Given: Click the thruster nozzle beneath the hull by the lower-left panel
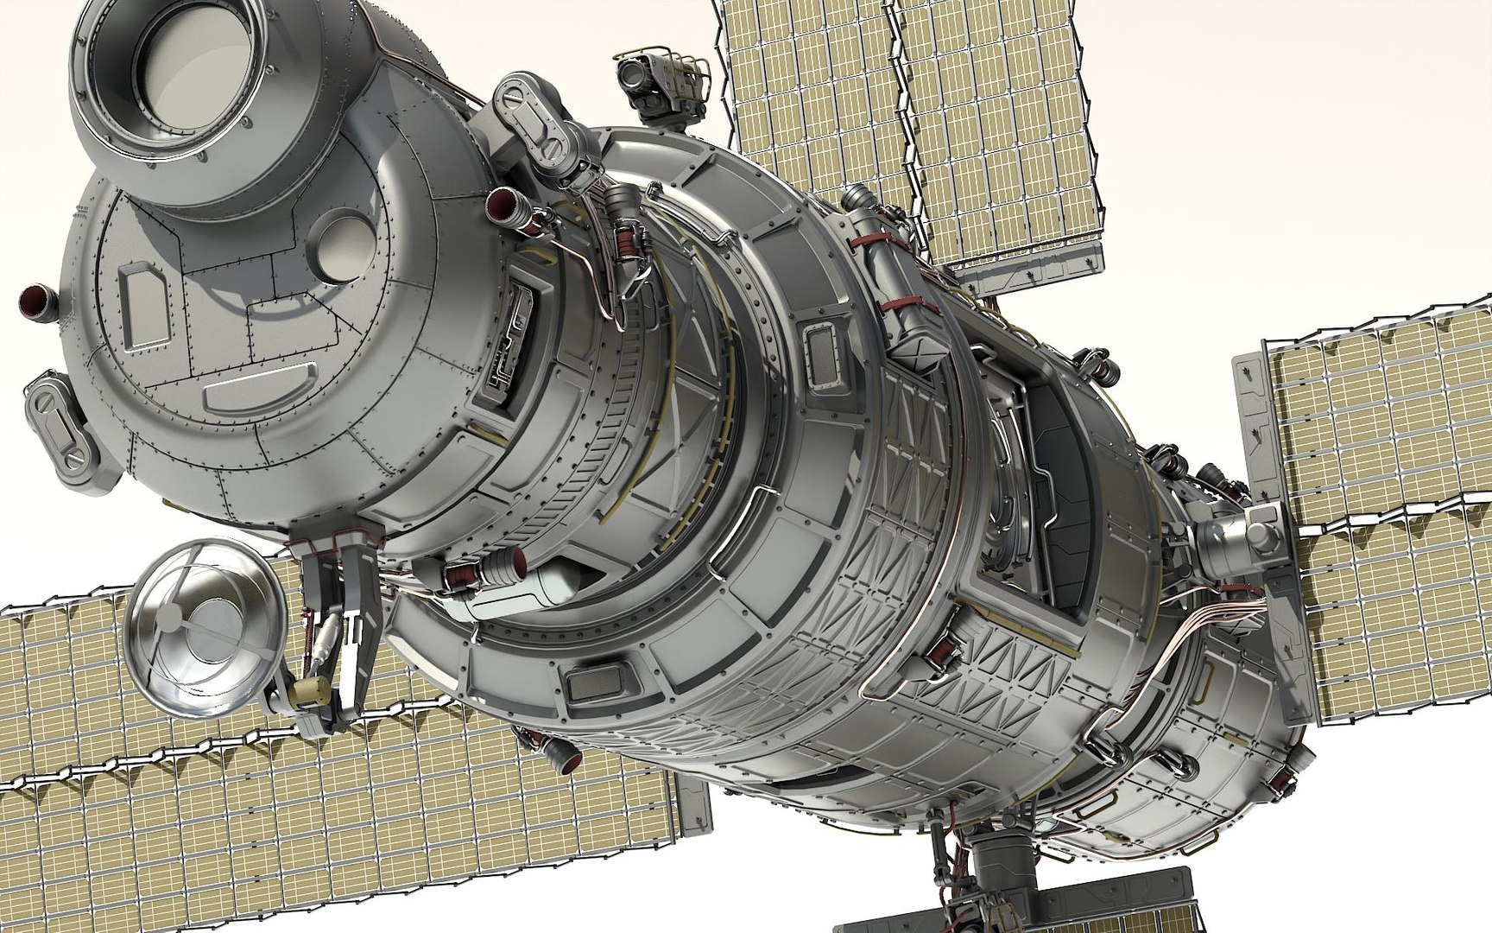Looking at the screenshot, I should point(565,757).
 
